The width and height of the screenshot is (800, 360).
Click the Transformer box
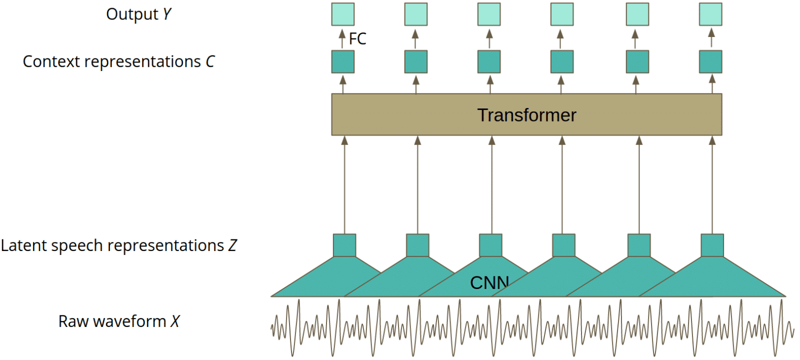pos(526,114)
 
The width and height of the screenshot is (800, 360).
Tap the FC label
pos(357,38)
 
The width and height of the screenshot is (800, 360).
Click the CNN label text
pos(489,283)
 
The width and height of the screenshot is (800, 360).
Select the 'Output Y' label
pos(138,14)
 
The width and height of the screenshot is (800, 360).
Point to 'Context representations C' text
pos(118,61)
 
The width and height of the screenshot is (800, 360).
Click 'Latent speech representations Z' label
pos(118,245)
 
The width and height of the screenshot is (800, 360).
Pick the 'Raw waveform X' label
pos(118,321)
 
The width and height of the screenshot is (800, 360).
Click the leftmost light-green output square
pos(343,14)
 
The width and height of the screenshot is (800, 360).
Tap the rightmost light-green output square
pos(710,14)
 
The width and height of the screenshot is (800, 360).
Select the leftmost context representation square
pos(343,62)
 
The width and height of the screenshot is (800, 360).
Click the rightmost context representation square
pos(710,62)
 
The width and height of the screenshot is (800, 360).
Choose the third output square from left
pos(489,14)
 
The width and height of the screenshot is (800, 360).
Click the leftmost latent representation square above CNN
pos(344,245)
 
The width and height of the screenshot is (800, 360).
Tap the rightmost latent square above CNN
pos(712,245)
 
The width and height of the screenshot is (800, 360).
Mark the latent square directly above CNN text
pos(490,245)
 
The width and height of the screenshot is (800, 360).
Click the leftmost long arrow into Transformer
pos(344,185)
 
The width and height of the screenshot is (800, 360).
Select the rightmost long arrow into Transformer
pos(712,185)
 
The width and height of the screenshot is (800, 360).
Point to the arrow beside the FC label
pos(342,38)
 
